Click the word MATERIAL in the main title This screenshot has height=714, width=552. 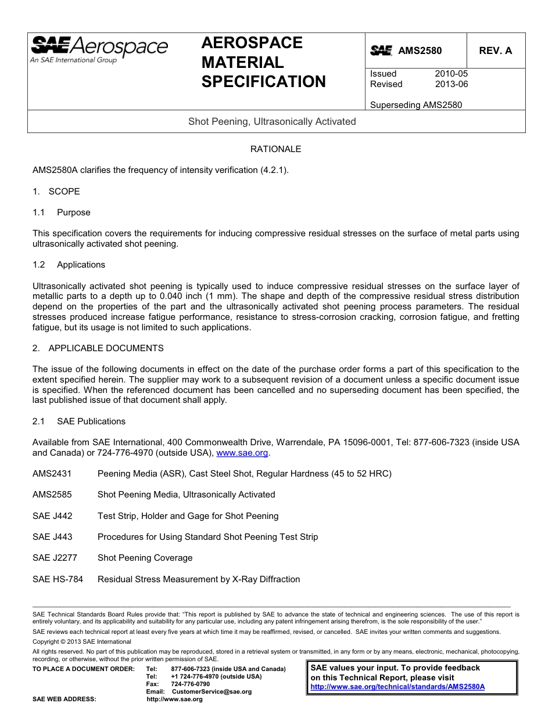click(242, 62)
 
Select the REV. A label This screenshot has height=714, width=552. click(495, 51)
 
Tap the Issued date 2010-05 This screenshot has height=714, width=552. click(451, 74)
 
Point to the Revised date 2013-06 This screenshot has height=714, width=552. click(451, 84)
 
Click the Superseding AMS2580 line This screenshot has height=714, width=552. click(416, 105)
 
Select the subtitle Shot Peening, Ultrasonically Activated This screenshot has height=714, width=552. click(272, 121)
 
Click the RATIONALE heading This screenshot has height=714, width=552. click(275, 149)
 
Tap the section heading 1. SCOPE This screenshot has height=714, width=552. click(56, 192)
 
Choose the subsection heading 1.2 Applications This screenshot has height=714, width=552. click(69, 265)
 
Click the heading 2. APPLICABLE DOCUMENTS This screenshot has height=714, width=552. click(98, 348)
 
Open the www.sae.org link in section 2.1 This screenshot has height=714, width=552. click(242, 453)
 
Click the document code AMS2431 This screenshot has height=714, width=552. click(52, 474)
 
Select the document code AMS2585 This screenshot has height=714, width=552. click(52, 495)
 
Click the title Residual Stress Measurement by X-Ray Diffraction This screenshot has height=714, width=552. click(199, 579)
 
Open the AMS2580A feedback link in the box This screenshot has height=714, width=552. click(397, 687)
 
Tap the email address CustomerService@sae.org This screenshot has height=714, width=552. click(212, 692)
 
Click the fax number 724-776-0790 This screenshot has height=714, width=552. click(190, 684)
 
